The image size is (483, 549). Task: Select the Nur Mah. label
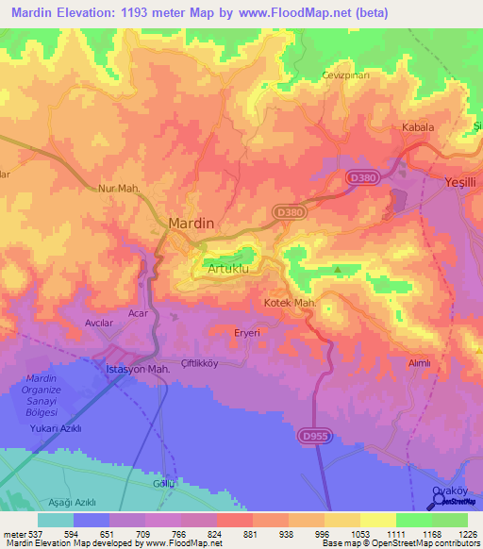click(120, 189)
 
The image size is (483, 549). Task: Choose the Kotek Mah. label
click(288, 303)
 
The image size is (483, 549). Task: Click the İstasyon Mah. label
click(136, 370)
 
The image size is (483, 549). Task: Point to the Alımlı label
click(418, 362)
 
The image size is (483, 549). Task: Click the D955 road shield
click(316, 436)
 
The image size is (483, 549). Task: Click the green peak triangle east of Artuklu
click(338, 268)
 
